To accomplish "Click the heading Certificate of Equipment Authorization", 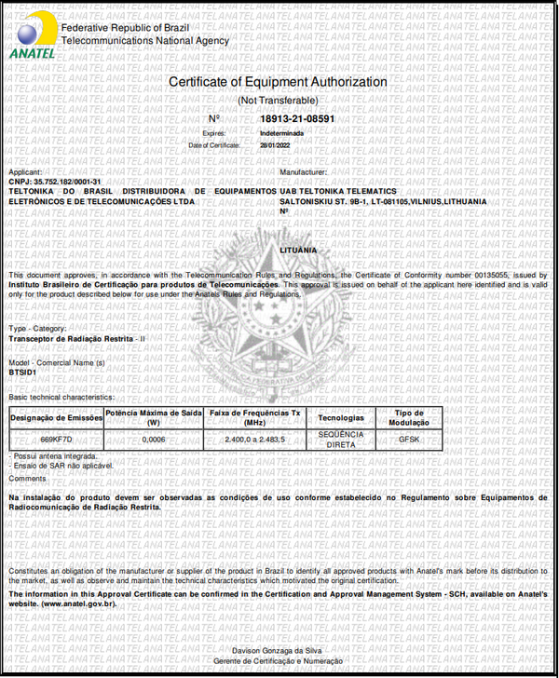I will [278, 82].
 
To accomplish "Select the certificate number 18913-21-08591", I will [297, 119].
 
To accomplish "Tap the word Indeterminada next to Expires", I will [281, 133].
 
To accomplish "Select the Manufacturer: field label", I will [303, 172].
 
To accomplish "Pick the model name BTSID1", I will [22, 372].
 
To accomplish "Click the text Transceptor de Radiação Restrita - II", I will [77, 338].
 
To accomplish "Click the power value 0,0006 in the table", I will [154, 438].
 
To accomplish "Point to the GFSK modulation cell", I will [409, 438].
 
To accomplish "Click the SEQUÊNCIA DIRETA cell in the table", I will [340, 438].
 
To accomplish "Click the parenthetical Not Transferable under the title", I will [278, 100].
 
